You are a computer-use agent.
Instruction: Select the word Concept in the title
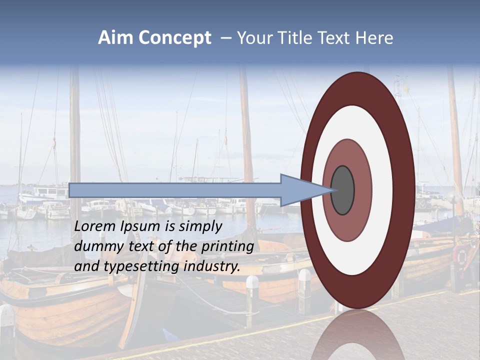point(174,38)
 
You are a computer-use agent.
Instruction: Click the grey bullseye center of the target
point(343,190)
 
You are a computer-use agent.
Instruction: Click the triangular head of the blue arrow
point(302,190)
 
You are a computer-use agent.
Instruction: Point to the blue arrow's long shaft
point(175,190)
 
